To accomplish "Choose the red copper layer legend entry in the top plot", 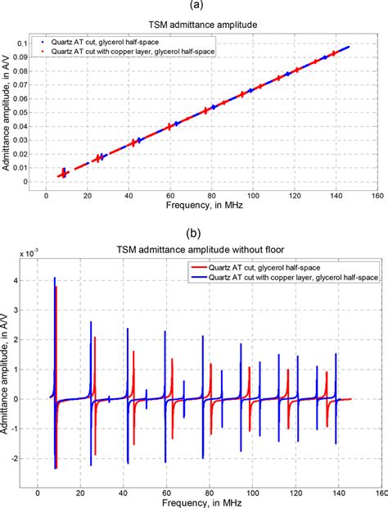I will (x=132, y=49).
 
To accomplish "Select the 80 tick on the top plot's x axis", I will (x=211, y=197).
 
